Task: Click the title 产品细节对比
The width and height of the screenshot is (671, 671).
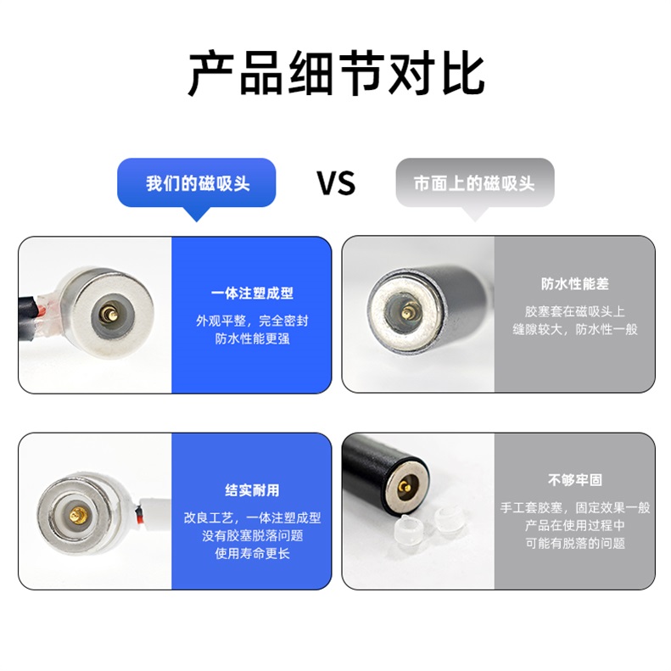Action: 336,73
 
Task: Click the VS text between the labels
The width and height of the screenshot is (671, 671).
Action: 336,183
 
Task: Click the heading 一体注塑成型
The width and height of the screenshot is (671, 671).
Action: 252,294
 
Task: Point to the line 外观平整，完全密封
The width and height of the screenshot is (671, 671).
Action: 252,322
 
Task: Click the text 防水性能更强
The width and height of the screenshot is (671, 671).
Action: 252,339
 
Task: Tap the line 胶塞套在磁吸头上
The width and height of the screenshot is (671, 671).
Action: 574,311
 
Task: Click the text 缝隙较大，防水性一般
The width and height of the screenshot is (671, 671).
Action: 574,329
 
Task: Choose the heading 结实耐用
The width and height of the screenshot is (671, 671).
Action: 252,490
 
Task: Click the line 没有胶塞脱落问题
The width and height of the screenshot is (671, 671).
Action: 252,536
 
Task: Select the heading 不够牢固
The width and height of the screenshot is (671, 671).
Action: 574,480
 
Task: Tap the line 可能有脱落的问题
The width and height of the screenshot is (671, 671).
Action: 574,544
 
